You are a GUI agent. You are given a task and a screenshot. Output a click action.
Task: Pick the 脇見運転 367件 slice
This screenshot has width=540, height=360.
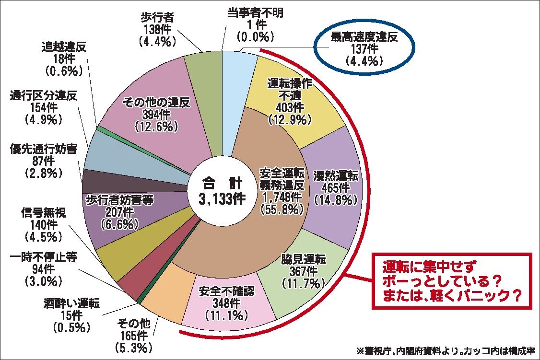[x=302, y=271]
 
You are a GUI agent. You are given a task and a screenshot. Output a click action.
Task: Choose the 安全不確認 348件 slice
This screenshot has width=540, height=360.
[x=225, y=302]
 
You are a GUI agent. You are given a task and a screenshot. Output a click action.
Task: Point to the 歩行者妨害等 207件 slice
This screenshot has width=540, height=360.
[x=120, y=211]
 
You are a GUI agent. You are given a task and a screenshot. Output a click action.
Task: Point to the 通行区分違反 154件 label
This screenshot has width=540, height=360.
[x=44, y=106]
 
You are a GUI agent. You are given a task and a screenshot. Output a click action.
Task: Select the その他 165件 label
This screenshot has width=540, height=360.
[x=134, y=334]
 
